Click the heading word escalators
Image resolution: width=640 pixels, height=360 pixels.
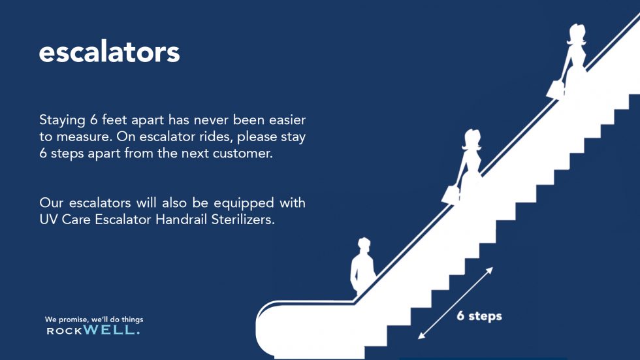click(x=110, y=52)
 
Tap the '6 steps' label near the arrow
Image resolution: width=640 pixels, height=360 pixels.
click(x=479, y=316)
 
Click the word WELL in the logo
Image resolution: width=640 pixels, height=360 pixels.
click(x=112, y=329)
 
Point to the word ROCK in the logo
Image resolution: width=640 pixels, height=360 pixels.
click(x=65, y=331)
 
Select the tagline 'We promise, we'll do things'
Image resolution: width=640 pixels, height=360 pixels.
click(x=94, y=319)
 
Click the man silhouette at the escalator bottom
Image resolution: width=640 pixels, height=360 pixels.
click(x=362, y=267)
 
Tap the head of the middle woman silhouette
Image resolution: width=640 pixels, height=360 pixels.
click(x=472, y=139)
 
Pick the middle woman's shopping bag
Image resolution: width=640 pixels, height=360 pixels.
click(x=451, y=195)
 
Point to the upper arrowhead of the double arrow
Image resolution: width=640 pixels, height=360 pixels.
click(x=489, y=270)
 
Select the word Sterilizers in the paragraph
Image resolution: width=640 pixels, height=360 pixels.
click(x=243, y=220)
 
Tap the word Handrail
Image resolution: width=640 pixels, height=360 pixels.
click(x=182, y=220)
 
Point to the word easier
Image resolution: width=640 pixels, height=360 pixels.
click(x=287, y=120)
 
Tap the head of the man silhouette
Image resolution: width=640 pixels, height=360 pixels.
click(x=364, y=244)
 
